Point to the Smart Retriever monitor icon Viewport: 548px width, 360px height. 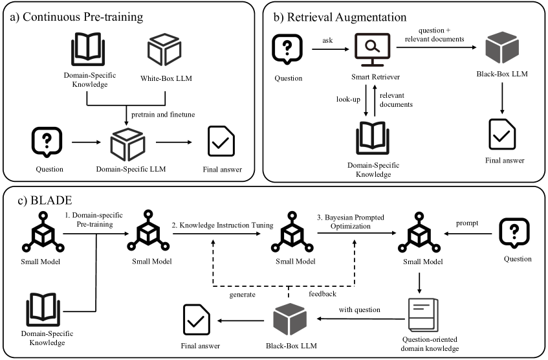(370, 48)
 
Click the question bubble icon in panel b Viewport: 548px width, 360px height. (287, 48)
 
